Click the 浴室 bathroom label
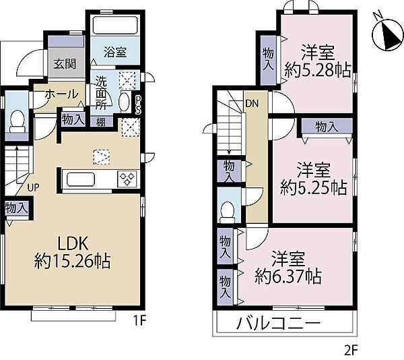click(x=115, y=52)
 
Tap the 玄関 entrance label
click(x=65, y=63)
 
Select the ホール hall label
click(x=61, y=94)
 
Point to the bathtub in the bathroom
click(x=115, y=25)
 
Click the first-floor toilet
click(x=18, y=121)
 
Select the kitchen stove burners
click(x=127, y=179)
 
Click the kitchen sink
click(x=81, y=179)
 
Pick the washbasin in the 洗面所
click(x=125, y=101)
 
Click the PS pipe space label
click(x=138, y=105)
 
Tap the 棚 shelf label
click(x=101, y=122)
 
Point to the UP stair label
click(x=33, y=187)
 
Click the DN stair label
click(x=252, y=103)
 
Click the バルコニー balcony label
click(x=279, y=324)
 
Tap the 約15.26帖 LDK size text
click(x=73, y=262)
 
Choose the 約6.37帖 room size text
click(x=288, y=276)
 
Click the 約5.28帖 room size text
click(x=318, y=69)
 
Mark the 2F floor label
click(x=351, y=350)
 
